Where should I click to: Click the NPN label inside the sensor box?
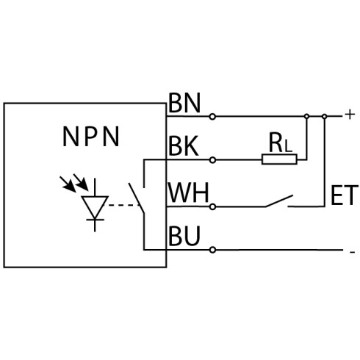click(91, 137)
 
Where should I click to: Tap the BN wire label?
click(184, 103)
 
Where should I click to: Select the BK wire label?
click(184, 146)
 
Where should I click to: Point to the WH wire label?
click(188, 192)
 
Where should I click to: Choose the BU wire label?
click(184, 236)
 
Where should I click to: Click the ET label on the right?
click(345, 195)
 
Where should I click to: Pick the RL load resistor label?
click(281, 143)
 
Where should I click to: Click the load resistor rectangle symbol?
click(279, 159)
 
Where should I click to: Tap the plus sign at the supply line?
click(350, 115)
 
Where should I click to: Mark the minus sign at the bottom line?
click(352, 252)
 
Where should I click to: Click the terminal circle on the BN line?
click(212, 117)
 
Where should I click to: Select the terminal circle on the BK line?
click(213, 160)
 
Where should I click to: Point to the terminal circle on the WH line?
click(213, 207)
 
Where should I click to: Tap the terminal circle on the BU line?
click(213, 250)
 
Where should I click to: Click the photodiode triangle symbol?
click(95, 207)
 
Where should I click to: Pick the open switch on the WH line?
click(279, 201)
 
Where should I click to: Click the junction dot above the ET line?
click(325, 117)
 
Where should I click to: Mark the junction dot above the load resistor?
click(306, 116)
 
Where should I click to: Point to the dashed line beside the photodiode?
click(123, 205)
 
